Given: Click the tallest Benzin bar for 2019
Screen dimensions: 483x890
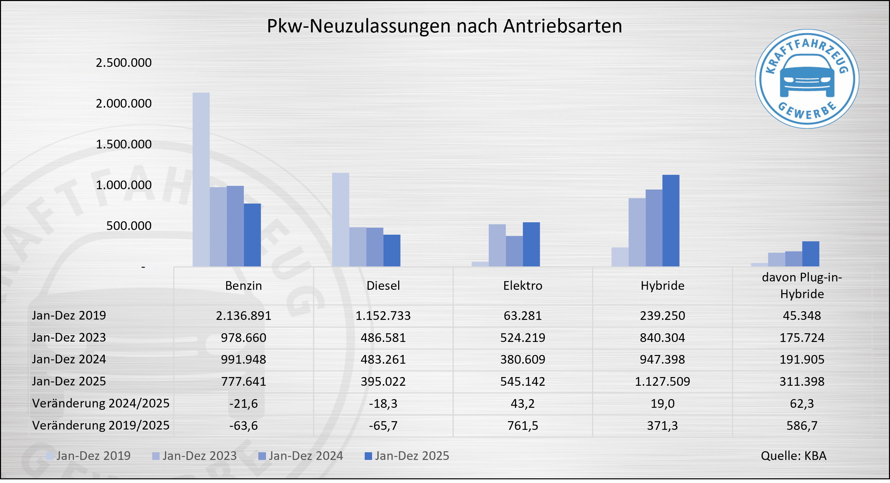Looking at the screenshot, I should (201, 179).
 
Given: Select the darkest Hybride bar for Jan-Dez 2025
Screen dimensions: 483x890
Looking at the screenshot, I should (671, 221).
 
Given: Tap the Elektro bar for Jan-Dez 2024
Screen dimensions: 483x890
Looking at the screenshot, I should (514, 251).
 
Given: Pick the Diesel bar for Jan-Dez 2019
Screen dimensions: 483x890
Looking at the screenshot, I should (340, 220).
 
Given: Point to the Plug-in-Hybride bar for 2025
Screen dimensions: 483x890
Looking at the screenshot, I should (810, 254).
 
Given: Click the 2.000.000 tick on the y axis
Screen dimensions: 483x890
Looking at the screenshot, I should (124, 103).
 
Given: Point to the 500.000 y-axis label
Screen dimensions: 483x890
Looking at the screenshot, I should (128, 226).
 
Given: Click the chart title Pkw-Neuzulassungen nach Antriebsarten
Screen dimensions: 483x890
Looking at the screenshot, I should (444, 26).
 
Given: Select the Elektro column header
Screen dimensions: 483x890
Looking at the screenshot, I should (522, 286).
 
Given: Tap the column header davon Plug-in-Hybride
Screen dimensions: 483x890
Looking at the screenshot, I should (802, 286).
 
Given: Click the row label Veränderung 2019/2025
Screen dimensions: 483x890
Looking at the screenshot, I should (100, 426).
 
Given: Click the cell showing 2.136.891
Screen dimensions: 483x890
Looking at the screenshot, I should (244, 316).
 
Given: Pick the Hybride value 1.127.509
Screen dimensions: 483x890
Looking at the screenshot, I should (662, 381).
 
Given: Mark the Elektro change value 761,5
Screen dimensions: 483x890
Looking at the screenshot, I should (522, 426).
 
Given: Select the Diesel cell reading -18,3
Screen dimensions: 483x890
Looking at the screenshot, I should (383, 403).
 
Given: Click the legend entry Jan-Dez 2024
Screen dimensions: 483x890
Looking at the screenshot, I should (300, 456).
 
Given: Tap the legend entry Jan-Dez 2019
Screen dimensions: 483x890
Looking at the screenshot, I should (88, 456).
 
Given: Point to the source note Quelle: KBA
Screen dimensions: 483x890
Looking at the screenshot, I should (793, 456).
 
